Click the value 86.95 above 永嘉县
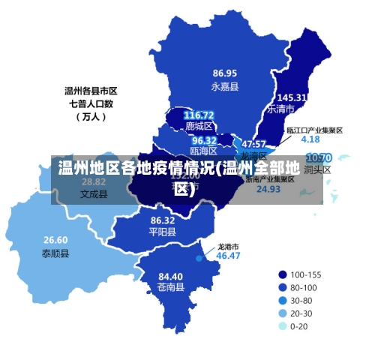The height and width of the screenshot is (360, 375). [224, 73]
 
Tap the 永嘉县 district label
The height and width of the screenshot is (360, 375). [224, 86]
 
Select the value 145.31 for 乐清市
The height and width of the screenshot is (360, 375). [292, 97]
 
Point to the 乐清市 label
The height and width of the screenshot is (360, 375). [280, 109]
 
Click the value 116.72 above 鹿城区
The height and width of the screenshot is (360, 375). [199, 115]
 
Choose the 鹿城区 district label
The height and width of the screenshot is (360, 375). [199, 126]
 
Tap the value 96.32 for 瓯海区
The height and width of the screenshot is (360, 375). [204, 140]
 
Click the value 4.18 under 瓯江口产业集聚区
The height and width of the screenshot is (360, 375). [310, 139]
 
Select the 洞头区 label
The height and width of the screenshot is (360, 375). [318, 170]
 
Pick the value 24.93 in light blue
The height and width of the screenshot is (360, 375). [268, 189]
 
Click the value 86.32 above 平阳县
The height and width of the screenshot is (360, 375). [163, 220]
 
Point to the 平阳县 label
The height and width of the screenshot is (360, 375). [163, 232]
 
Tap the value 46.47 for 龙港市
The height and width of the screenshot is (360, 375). [228, 256]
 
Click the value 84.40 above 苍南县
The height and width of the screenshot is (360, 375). [170, 276]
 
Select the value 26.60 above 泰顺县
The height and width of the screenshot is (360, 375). [55, 240]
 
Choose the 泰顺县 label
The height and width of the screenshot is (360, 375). [55, 253]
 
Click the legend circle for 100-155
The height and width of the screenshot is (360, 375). [282, 274]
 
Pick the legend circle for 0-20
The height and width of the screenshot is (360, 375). [282, 326]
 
